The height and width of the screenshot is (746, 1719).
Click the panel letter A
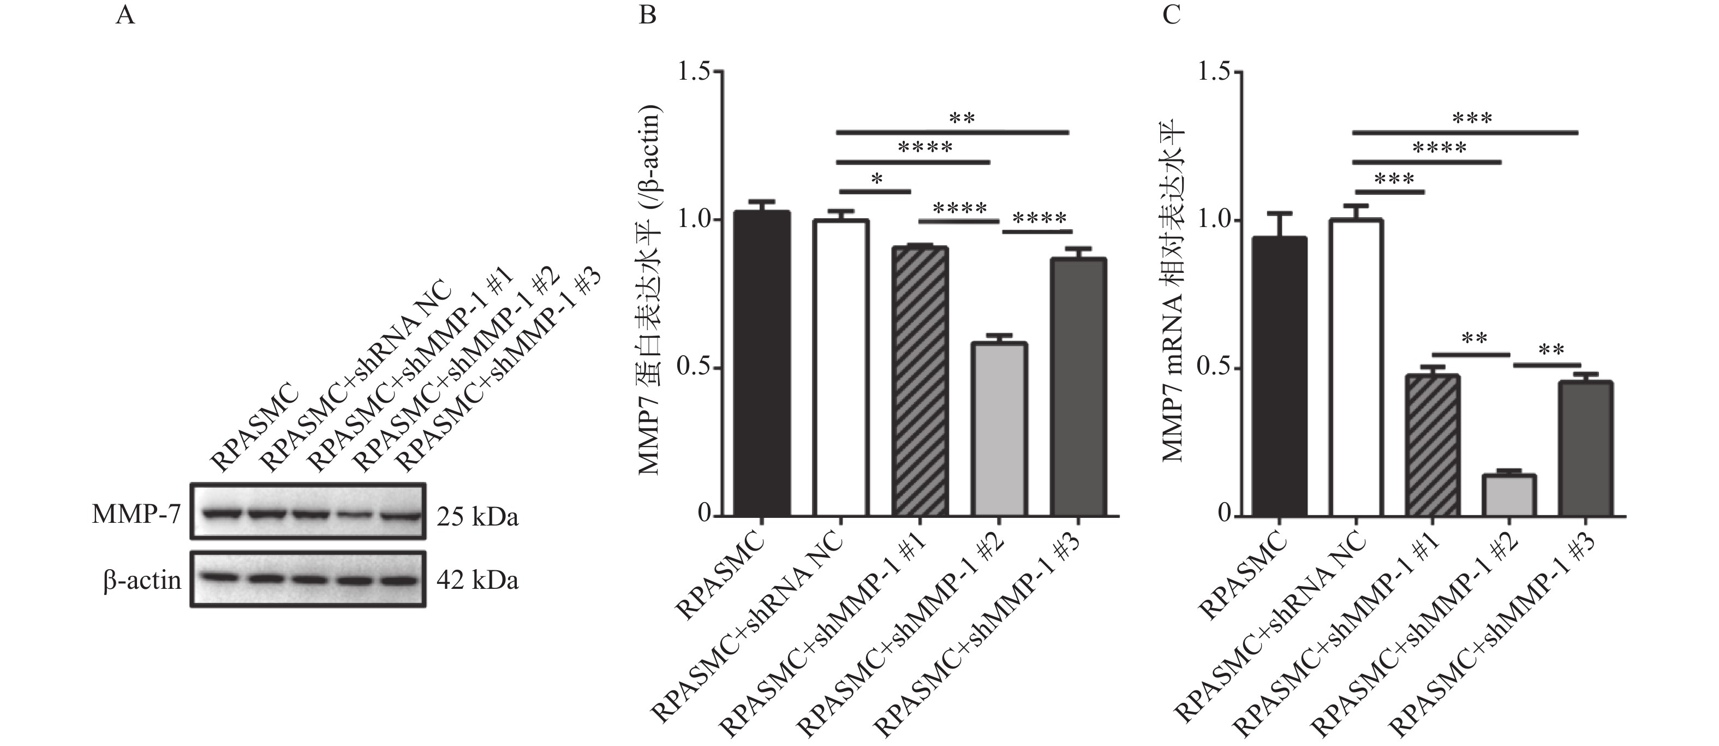click(x=125, y=15)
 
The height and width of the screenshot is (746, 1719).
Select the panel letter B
click(x=647, y=15)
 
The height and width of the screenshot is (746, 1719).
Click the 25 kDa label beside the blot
click(x=477, y=517)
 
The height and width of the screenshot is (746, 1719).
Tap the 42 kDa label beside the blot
click(x=477, y=580)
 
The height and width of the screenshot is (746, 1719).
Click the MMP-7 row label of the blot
click(x=137, y=515)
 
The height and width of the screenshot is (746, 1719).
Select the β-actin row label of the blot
click(x=142, y=580)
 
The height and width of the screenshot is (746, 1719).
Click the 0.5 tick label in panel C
click(x=1216, y=368)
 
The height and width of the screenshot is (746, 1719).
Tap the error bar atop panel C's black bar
click(x=1279, y=224)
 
